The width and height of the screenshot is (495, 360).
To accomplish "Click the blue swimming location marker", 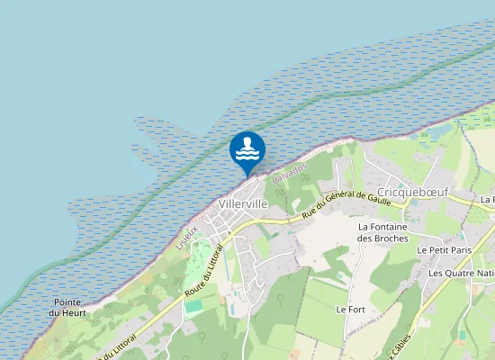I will pyautogui.click(x=247, y=150).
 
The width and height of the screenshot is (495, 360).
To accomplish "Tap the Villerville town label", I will pyautogui.click(x=243, y=204).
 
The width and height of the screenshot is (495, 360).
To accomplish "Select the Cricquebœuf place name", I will pyautogui.click(x=413, y=193).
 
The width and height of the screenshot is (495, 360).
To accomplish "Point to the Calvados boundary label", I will pyautogui.click(x=290, y=171).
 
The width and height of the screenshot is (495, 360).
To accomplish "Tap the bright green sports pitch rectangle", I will pyautogui.click(x=194, y=306).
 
